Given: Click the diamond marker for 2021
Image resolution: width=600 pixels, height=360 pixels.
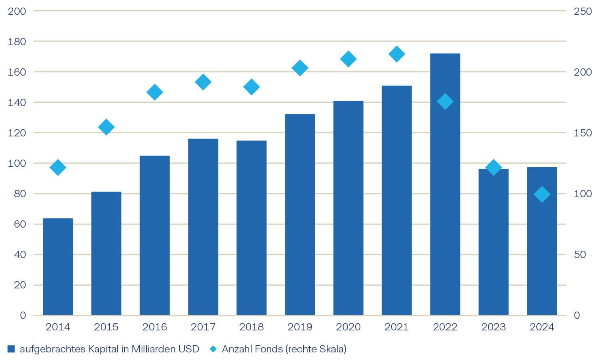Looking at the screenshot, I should [396, 54].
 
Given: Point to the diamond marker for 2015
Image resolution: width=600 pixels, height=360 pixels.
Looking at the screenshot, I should [106, 127].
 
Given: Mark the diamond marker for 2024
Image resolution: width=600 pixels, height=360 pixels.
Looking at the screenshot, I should [542, 194].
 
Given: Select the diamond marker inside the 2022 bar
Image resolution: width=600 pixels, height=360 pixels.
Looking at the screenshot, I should [445, 102].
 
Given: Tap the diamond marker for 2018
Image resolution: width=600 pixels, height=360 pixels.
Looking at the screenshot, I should [251, 87].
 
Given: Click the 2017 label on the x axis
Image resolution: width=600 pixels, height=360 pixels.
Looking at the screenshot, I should [203, 327].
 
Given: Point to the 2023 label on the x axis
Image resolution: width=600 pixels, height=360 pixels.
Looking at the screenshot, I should [493, 327].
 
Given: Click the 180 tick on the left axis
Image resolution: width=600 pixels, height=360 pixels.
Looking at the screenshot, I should [17, 42].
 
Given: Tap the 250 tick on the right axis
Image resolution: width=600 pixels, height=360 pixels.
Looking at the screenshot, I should [582, 11].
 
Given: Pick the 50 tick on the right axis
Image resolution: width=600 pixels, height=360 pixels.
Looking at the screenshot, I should [580, 255].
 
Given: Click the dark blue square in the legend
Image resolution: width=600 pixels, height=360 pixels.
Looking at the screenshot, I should [11, 349].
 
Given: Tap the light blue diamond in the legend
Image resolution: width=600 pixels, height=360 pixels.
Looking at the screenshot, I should [213, 349].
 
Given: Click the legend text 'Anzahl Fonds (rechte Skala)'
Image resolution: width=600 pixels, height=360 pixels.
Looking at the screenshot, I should [284, 349].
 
